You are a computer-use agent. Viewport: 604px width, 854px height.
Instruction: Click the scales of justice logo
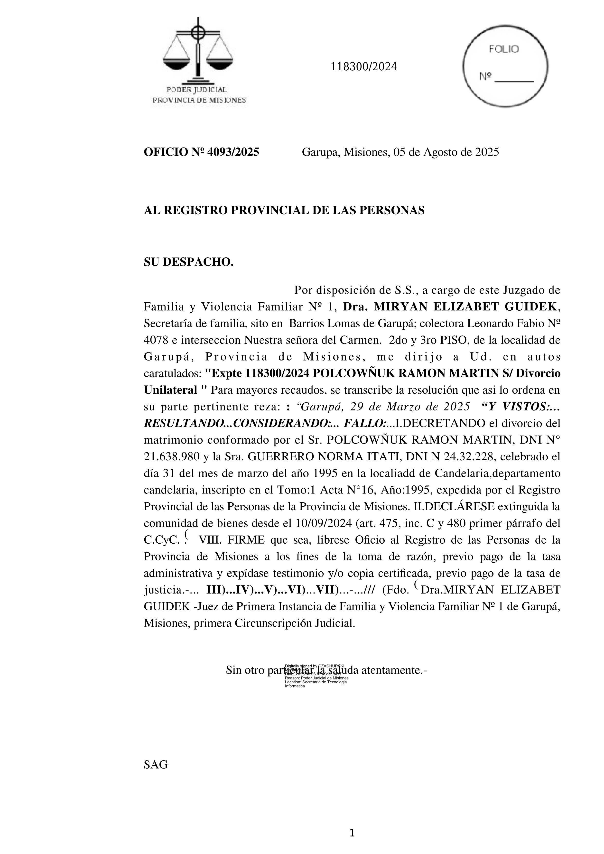[198, 52]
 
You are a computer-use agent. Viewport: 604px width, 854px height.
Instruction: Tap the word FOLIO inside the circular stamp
[504, 49]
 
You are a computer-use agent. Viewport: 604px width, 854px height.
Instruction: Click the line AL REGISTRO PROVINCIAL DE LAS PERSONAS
[284, 211]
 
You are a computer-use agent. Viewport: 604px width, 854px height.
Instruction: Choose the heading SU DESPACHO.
[189, 262]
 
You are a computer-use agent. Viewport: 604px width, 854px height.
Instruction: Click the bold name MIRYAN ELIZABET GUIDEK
[466, 306]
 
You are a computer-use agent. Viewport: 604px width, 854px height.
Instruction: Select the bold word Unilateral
[170, 390]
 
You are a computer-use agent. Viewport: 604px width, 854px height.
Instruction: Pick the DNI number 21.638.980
[171, 456]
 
